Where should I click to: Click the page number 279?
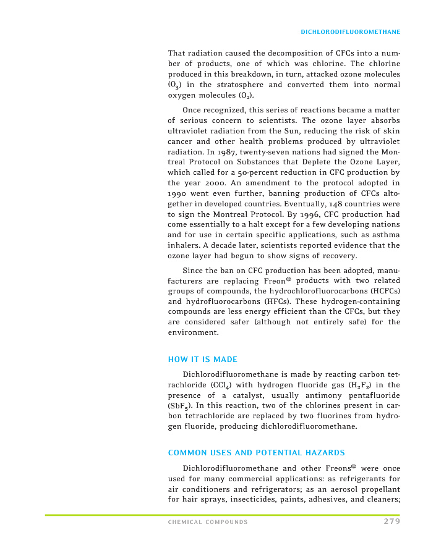391,521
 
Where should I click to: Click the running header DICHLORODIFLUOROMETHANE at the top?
351,32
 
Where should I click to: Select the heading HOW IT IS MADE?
202,360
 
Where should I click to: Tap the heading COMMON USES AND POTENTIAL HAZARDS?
256,453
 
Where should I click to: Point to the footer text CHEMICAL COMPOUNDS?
208,522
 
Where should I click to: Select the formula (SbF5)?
180,406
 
